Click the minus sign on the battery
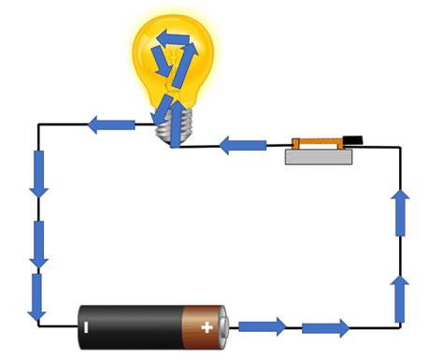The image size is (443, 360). point(85,327)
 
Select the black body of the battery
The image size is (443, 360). point(131,326)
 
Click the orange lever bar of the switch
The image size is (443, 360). point(319,143)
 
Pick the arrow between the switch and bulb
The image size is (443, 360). point(243,146)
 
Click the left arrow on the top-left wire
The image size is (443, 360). point(110,122)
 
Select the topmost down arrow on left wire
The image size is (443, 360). point(38,173)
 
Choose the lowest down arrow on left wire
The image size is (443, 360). point(37,295)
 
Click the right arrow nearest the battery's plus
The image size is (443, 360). point(263,326)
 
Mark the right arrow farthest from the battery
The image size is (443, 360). point(326,327)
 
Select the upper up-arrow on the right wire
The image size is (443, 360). point(401,212)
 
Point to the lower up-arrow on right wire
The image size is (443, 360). point(400,297)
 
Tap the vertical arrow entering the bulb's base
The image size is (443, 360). point(174,118)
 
